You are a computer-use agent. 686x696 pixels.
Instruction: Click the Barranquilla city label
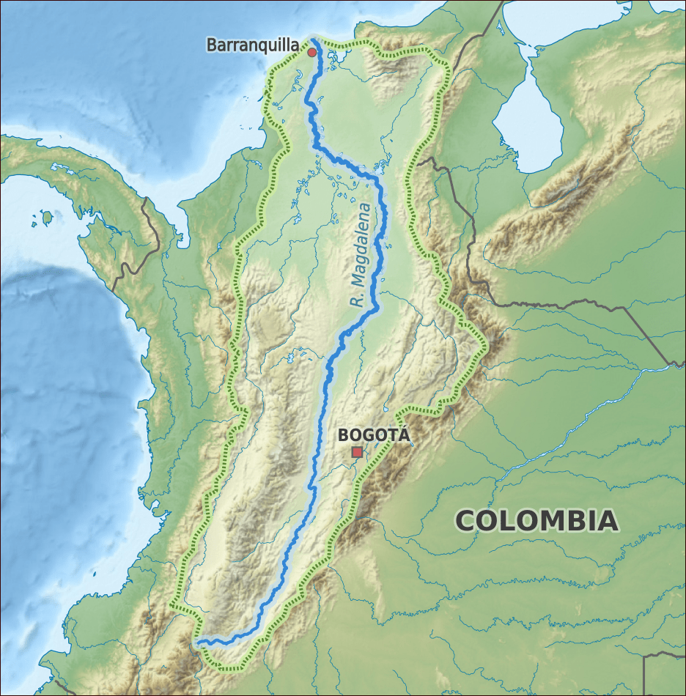(252, 45)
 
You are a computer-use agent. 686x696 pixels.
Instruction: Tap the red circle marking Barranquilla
(311, 52)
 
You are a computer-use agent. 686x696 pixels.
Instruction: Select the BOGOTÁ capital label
(372, 435)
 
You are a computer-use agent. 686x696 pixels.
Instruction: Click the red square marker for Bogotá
(357, 452)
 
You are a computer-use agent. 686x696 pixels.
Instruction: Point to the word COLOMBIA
(536, 521)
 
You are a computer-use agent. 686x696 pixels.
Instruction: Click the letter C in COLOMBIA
(467, 521)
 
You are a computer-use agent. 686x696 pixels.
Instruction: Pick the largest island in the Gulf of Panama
(48, 218)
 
